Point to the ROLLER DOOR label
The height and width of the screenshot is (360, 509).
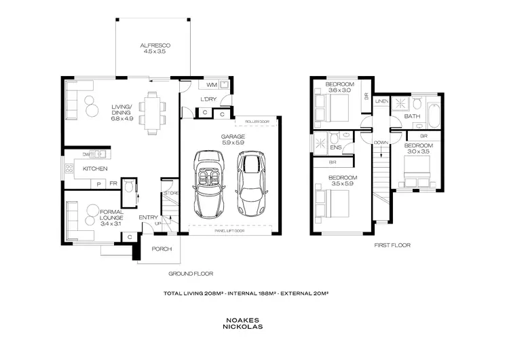(x=257, y=123)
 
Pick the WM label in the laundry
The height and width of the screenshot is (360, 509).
(x=211, y=86)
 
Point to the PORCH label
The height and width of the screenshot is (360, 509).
(x=162, y=249)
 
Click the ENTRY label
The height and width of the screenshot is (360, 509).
(x=148, y=217)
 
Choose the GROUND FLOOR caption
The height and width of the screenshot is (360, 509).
(x=191, y=274)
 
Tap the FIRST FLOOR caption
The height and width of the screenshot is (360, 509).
(x=392, y=245)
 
